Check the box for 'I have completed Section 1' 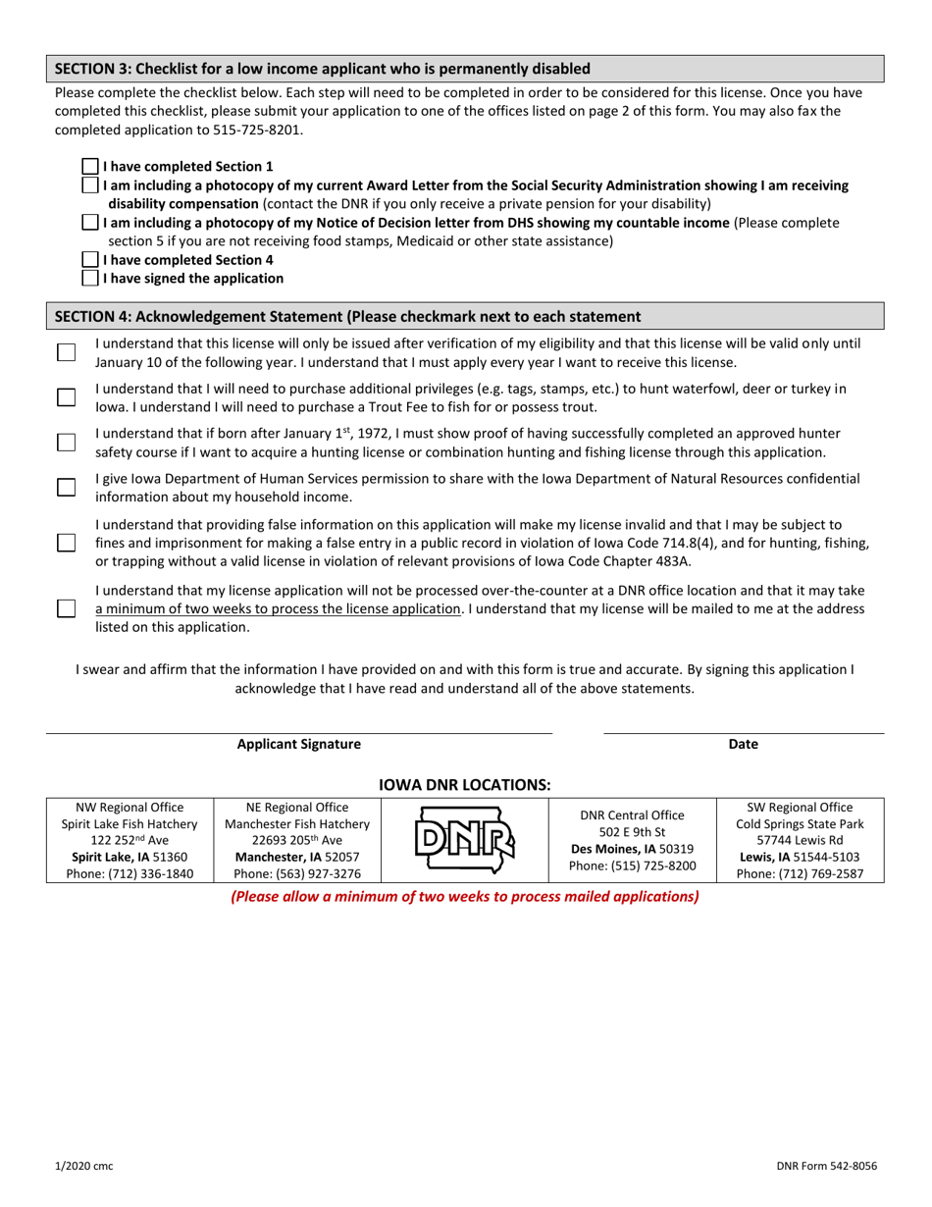pyautogui.click(x=89, y=167)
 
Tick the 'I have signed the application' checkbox pyautogui.click(x=89, y=278)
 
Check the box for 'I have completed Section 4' pyautogui.click(x=89, y=260)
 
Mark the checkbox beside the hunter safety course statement pyautogui.click(x=66, y=443)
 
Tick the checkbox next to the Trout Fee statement pyautogui.click(x=66, y=397)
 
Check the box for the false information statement pyautogui.click(x=66, y=543)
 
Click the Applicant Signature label pyautogui.click(x=299, y=744)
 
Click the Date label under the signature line pyautogui.click(x=743, y=744)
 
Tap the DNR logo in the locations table pyautogui.click(x=465, y=840)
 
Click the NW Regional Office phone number pyautogui.click(x=129, y=873)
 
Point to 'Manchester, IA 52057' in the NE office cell pyautogui.click(x=297, y=857)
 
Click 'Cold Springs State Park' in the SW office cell pyautogui.click(x=800, y=824)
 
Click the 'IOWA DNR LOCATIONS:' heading pyautogui.click(x=465, y=785)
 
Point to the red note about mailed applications pyautogui.click(x=465, y=897)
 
